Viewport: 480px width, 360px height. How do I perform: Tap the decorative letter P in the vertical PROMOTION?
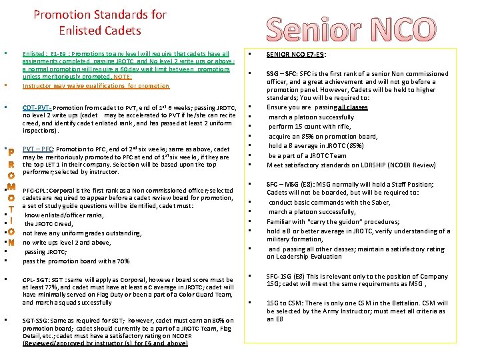tap(11, 151)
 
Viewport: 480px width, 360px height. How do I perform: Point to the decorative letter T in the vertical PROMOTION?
tap(11, 209)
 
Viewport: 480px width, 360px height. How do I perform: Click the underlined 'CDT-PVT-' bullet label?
tap(37, 107)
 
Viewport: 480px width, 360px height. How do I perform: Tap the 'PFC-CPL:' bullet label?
tap(37, 191)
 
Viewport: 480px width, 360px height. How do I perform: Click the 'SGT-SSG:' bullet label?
tap(36, 320)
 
